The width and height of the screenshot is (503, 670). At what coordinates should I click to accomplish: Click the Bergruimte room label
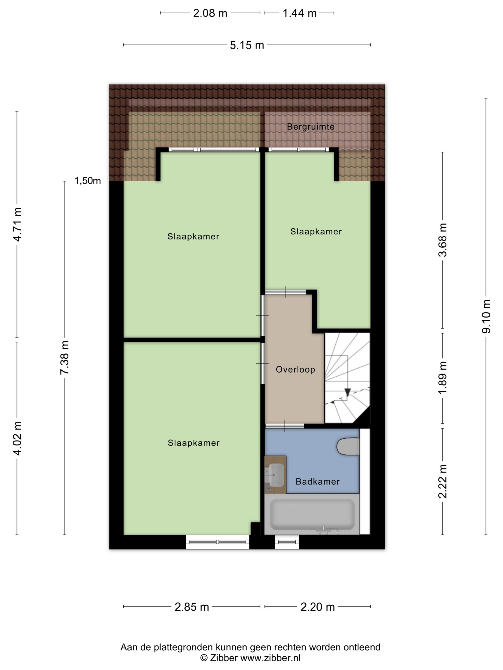[x=310, y=127]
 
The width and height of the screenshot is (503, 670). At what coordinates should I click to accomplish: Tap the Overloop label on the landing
[x=295, y=369]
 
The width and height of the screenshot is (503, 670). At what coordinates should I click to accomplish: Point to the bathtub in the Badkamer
[x=312, y=515]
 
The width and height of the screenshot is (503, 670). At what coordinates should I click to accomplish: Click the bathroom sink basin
[x=275, y=475]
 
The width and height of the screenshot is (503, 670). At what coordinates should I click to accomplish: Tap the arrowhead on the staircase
[x=348, y=392]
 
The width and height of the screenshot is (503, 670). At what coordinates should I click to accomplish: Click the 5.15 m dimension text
[x=247, y=45]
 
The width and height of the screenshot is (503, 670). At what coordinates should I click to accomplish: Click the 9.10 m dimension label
[x=486, y=317]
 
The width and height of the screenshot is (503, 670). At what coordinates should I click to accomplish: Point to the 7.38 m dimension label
[x=64, y=357]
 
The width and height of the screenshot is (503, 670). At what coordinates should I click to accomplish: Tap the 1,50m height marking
[x=88, y=181]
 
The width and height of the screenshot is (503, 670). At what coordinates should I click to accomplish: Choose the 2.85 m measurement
[x=192, y=607]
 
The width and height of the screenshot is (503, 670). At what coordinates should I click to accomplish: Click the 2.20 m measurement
[x=317, y=607]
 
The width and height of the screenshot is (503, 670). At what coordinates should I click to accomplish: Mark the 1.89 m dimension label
[x=442, y=378]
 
